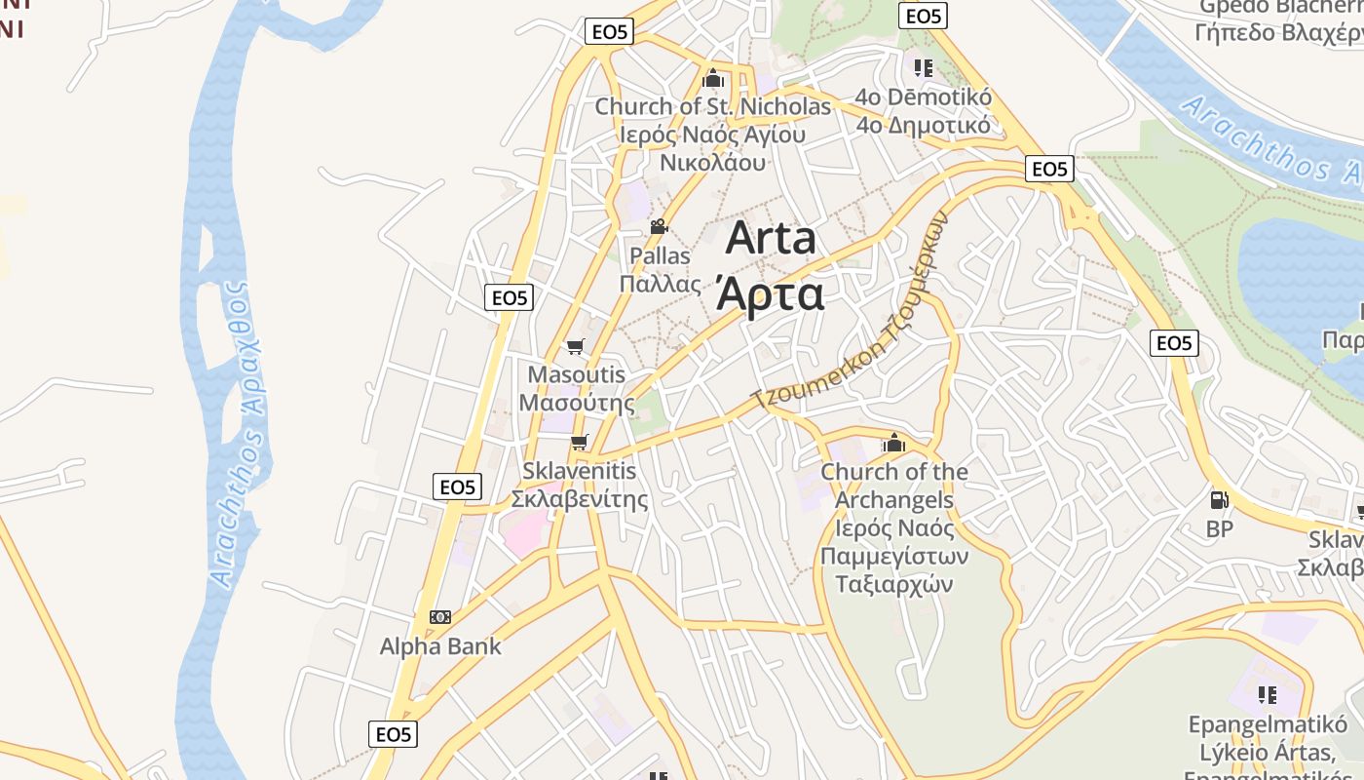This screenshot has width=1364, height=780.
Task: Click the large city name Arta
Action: click(770, 240)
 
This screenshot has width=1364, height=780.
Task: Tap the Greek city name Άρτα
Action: click(770, 292)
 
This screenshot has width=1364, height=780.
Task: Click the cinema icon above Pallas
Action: click(660, 227)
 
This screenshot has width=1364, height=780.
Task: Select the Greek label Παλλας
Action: click(661, 285)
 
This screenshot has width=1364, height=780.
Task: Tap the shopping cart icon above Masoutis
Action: click(576, 347)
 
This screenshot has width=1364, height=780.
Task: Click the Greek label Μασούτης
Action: click(576, 403)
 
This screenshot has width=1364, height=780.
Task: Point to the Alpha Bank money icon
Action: click(440, 617)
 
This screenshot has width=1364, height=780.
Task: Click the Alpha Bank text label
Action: click(440, 646)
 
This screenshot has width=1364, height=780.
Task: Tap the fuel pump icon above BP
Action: click(1219, 501)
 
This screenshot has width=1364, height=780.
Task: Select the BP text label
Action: click(1219, 529)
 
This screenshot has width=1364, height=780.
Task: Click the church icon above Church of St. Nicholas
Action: click(713, 78)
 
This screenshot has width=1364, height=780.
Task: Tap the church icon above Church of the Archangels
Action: click(893, 444)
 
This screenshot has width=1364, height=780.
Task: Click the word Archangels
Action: click(893, 500)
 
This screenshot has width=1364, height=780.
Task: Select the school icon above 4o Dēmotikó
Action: click(923, 68)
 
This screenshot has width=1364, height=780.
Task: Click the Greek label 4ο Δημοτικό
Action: click(923, 126)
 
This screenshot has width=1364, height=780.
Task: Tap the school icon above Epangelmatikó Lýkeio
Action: click(1267, 695)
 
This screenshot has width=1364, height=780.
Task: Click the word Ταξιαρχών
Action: click(893, 585)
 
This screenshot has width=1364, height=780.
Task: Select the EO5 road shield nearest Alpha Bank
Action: click(393, 734)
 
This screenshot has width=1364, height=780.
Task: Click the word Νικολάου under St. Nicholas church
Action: click(712, 163)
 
